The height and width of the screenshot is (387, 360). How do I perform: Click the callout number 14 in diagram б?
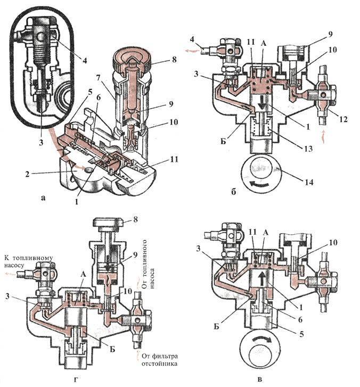309,182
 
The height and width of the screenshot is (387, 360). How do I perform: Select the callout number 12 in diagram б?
343,119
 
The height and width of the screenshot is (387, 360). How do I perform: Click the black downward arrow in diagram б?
262,104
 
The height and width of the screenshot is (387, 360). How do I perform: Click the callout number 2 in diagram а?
27,174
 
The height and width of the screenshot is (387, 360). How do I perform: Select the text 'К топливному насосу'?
28,261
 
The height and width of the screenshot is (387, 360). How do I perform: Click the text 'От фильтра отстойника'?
160,360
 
